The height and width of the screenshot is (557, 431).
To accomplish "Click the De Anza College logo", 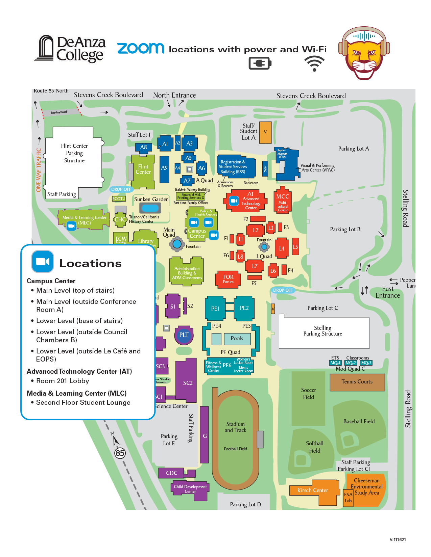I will tap(70, 49).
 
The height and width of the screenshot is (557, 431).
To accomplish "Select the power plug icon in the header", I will tap(260, 63).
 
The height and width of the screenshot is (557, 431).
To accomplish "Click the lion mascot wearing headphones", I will tap(364, 53).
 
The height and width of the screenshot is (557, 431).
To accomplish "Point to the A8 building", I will tap(143, 148).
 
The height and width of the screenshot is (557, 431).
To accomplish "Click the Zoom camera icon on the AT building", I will tap(234, 201).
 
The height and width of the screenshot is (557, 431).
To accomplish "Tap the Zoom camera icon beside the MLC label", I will tap(71, 226).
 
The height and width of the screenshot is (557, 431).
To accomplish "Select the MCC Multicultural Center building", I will tap(283, 201).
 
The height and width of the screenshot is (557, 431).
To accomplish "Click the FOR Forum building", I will tap(228, 279).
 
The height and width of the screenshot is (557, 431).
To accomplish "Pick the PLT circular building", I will tap(184, 335).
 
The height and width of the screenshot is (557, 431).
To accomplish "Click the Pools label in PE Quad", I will tap(237, 338).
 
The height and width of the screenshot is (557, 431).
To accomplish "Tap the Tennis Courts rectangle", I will tap(357, 382).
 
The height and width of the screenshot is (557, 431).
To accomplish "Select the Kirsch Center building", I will tap(313, 490).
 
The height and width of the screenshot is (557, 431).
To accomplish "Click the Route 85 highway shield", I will tap(120, 453).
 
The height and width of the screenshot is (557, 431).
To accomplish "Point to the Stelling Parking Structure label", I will tap(322, 331).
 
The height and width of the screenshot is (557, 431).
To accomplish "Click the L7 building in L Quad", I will tap(255, 266).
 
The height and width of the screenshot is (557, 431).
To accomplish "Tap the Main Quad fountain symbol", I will tap(177, 243).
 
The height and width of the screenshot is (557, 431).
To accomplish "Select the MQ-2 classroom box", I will tap(351, 363).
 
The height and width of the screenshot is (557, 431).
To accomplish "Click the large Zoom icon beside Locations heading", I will tap(43, 261).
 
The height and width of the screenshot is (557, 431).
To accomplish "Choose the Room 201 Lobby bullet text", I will tap(63, 381).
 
